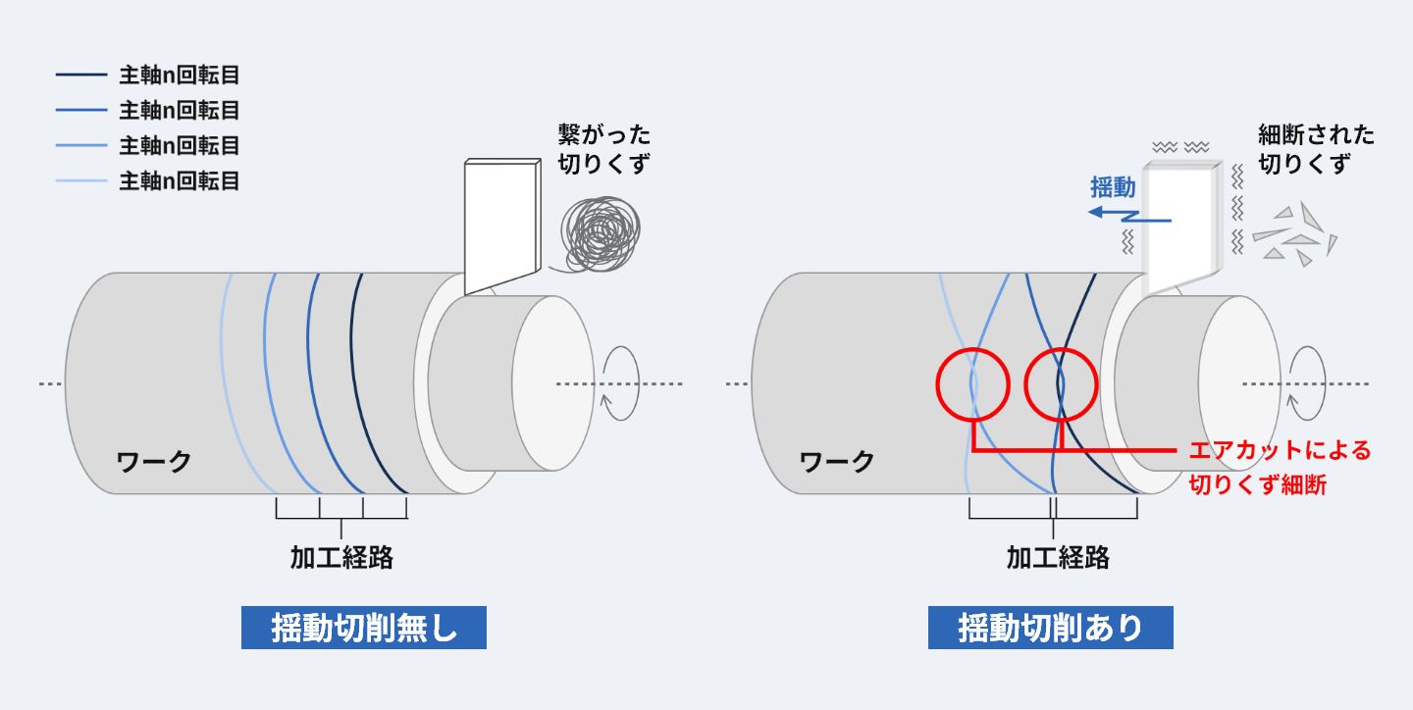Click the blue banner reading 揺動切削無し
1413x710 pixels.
[x=363, y=628]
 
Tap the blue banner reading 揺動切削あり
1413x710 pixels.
[x=1050, y=628]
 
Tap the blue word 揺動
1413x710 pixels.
[x=1113, y=187]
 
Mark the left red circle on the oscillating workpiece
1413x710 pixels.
[x=972, y=382]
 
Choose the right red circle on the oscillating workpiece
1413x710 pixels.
[x=1061, y=382]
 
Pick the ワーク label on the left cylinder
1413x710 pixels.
[x=154, y=461]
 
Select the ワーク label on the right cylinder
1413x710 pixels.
[x=837, y=461]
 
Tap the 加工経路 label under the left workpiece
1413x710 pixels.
[x=341, y=557]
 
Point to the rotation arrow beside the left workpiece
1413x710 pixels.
[x=621, y=383]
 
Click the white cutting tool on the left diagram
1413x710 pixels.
[x=501, y=226]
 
